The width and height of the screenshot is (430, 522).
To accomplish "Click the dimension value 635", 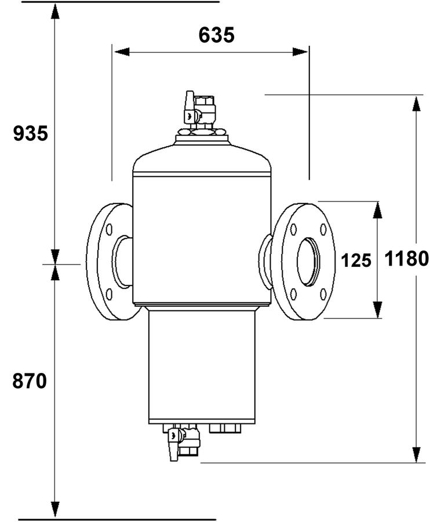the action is coord(216,35).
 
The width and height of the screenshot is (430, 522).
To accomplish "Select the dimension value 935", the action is coord(31,133).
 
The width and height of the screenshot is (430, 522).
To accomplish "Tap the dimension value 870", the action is coord(30,381).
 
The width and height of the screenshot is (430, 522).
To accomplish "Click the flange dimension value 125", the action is coord(356,260).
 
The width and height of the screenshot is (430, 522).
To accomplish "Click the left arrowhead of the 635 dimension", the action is coord(121,52).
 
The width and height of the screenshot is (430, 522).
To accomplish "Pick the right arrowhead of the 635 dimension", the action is coord(300,52).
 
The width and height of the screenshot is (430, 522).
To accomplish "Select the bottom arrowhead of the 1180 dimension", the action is coord(416,455).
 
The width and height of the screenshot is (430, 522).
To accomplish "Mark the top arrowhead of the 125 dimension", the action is coord(377,210).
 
